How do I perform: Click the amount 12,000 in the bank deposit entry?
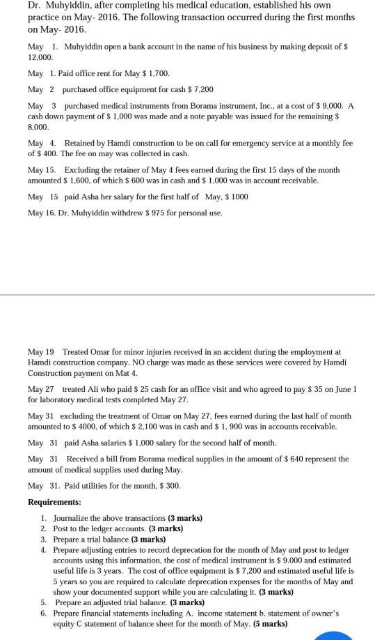(x=38, y=61)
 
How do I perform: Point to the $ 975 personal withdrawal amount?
(x=162, y=212)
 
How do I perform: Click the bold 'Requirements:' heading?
(x=54, y=502)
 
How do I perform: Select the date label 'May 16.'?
(x=40, y=212)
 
